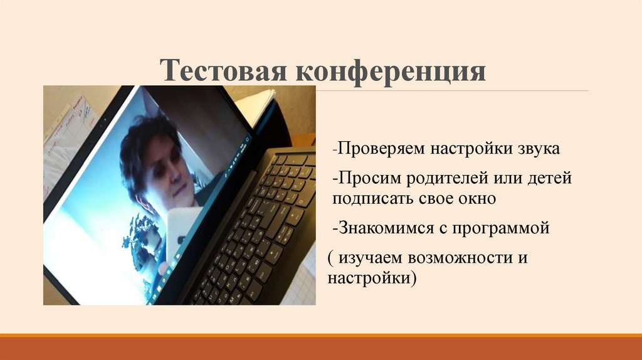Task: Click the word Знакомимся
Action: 384,228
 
